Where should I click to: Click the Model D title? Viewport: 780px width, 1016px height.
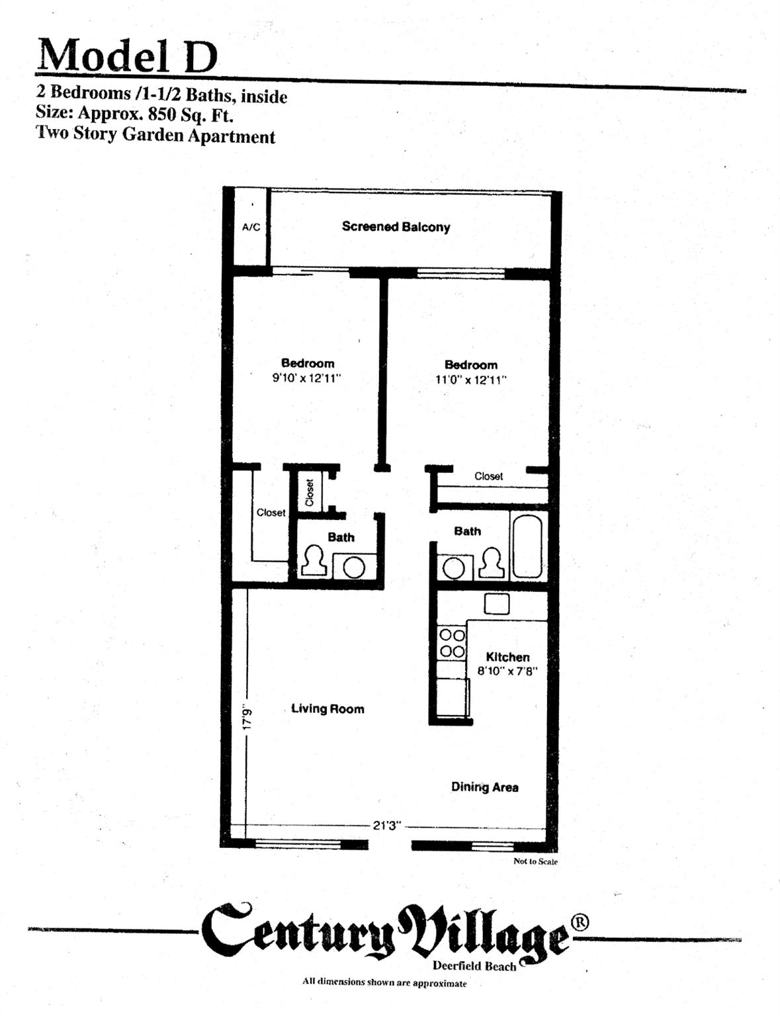click(x=127, y=56)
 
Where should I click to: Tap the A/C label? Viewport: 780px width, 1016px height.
click(x=251, y=228)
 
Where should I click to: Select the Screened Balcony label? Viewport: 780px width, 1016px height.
click(x=396, y=227)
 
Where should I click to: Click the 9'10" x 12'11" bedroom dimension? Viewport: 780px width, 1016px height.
click(x=306, y=379)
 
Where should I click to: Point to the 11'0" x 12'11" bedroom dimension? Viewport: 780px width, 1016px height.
click(x=470, y=380)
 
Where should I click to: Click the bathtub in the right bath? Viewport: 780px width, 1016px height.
click(x=527, y=546)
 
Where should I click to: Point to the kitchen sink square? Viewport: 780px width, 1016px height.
click(x=496, y=603)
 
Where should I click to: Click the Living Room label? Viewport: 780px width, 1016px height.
click(x=327, y=709)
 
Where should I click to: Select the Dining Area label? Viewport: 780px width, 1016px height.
click(x=484, y=787)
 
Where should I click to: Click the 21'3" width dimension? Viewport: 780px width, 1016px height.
click(x=387, y=826)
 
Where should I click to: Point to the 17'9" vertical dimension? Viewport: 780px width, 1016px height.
click(x=247, y=716)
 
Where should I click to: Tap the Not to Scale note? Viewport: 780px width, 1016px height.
click(x=535, y=862)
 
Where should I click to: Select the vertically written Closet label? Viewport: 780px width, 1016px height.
click(x=310, y=492)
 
